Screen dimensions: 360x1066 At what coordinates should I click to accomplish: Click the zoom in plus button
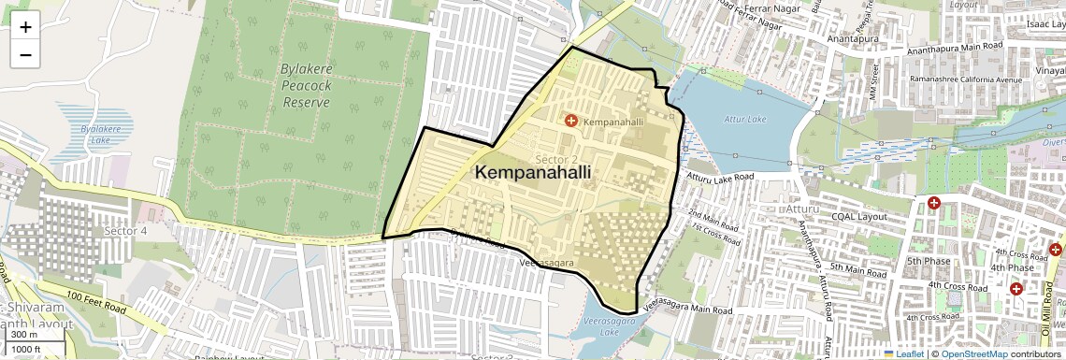tap(25, 27)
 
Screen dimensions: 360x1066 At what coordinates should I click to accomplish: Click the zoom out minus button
tap(25, 54)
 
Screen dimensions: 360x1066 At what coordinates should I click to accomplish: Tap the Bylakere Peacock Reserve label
tap(307, 85)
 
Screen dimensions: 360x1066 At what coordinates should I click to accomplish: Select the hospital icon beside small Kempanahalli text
tap(571, 122)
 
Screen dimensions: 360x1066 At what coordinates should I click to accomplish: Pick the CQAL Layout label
tap(858, 216)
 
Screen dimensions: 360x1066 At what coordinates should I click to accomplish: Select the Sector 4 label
tap(125, 230)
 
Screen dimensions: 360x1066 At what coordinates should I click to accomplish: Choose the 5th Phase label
tap(928, 261)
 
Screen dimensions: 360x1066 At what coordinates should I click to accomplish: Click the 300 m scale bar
tap(25, 334)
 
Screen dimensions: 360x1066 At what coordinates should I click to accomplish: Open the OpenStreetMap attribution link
tap(973, 353)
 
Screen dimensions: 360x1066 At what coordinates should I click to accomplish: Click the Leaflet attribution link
tap(903, 353)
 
